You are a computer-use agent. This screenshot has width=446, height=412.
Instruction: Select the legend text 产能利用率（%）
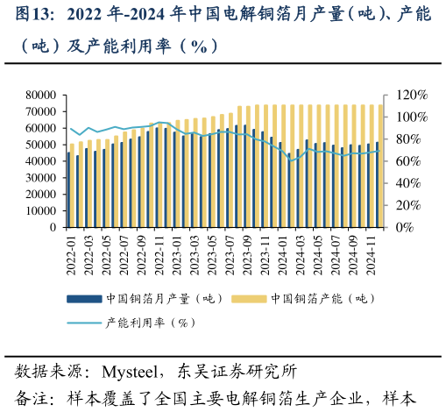click(150, 322)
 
